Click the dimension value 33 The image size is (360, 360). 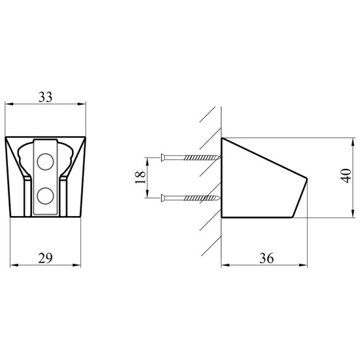click(x=45, y=97)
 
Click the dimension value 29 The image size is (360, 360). click(x=45, y=258)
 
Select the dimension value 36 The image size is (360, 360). click(x=266, y=259)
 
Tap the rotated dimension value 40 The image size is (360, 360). click(x=346, y=176)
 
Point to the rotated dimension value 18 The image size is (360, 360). click(x=141, y=177)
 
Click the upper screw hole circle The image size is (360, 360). click(x=45, y=162)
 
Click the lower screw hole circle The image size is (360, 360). click(x=45, y=196)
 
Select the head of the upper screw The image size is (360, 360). click(x=163, y=158)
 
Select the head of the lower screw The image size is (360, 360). click(x=163, y=198)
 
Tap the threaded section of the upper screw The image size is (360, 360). click(x=202, y=158)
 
